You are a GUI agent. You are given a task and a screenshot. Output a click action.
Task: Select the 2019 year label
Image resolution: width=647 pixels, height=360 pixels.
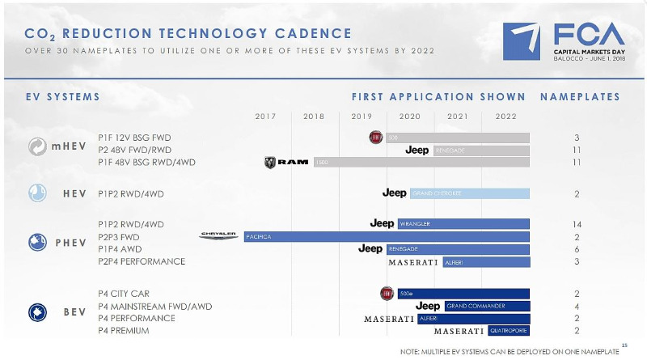coord(362,116)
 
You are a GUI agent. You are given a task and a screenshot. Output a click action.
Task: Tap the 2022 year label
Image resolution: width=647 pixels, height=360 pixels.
coord(505,116)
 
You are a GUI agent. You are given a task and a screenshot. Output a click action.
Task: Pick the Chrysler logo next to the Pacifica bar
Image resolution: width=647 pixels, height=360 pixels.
coord(218,235)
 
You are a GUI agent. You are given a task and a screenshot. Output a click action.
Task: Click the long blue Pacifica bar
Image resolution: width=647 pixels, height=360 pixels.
coord(387,236)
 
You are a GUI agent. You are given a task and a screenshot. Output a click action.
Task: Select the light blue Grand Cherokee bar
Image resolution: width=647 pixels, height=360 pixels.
coord(469,193)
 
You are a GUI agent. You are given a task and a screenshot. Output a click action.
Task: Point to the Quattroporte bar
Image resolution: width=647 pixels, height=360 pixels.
coord(509,331)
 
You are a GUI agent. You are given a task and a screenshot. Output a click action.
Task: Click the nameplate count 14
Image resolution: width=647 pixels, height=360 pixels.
coord(577,223)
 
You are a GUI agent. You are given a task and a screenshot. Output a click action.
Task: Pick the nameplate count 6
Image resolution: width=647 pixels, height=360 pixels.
coord(577,249)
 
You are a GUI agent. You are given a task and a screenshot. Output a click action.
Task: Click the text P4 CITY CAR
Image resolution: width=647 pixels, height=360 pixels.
coord(124,294)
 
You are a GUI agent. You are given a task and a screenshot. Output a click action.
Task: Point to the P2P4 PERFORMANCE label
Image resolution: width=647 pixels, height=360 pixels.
coord(142,261)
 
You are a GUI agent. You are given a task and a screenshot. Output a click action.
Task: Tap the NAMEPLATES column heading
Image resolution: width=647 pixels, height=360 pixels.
coord(579,97)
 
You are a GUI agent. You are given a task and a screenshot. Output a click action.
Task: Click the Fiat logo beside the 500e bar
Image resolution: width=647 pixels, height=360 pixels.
coord(387,292)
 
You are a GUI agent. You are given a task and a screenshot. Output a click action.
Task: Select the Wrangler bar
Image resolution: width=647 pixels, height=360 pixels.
coord(463,223)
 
